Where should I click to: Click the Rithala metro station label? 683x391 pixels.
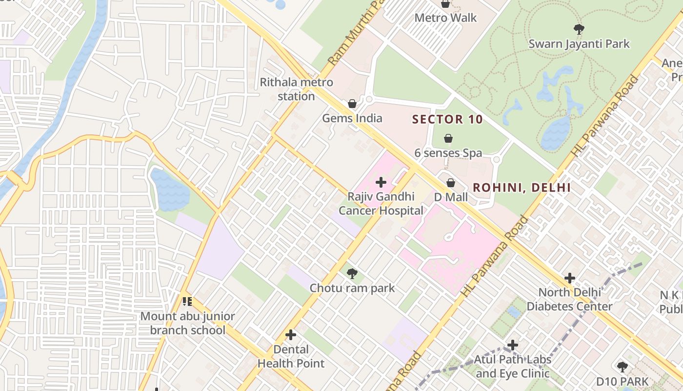click(x=296, y=89)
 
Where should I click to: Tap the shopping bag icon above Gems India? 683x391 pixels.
click(x=352, y=104)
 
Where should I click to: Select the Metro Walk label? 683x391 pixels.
click(x=445, y=18)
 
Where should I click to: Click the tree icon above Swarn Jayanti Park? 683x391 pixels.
click(x=579, y=29)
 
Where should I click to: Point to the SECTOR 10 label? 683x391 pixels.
click(x=447, y=119)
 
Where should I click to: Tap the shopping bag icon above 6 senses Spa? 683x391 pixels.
click(x=448, y=138)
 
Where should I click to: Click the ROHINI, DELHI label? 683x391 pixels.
click(x=522, y=187)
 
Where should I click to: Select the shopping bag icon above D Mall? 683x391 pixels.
click(x=451, y=183)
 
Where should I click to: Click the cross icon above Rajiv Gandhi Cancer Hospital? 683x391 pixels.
click(x=381, y=182)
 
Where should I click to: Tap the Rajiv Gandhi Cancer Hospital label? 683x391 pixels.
click(x=381, y=203)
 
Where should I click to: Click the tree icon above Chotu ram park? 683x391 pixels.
click(x=352, y=274)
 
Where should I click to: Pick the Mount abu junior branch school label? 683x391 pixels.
click(x=188, y=323)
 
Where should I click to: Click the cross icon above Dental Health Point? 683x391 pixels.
click(x=291, y=335)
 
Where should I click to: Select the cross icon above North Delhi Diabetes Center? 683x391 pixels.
click(x=569, y=278)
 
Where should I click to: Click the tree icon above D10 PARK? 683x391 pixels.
click(x=622, y=367)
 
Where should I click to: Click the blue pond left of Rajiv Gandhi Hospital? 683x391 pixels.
click(x=169, y=190)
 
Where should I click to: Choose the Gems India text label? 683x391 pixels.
click(x=352, y=118)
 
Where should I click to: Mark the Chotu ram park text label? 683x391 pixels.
click(x=352, y=288)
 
